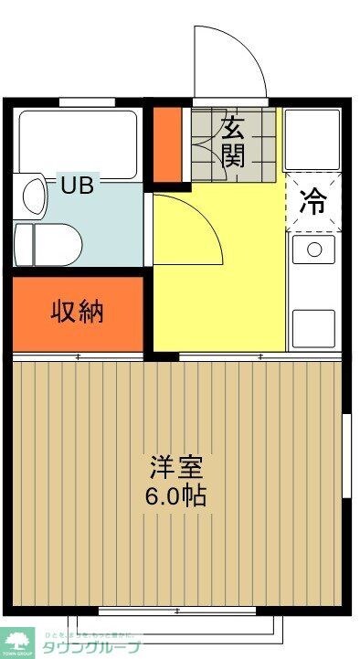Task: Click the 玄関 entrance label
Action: [234, 141]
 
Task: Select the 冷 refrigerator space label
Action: [312, 201]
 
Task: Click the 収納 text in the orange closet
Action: [77, 312]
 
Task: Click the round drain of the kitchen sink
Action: [314, 249]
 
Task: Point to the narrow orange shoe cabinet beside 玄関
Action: [166, 144]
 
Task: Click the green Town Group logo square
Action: [17, 642]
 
